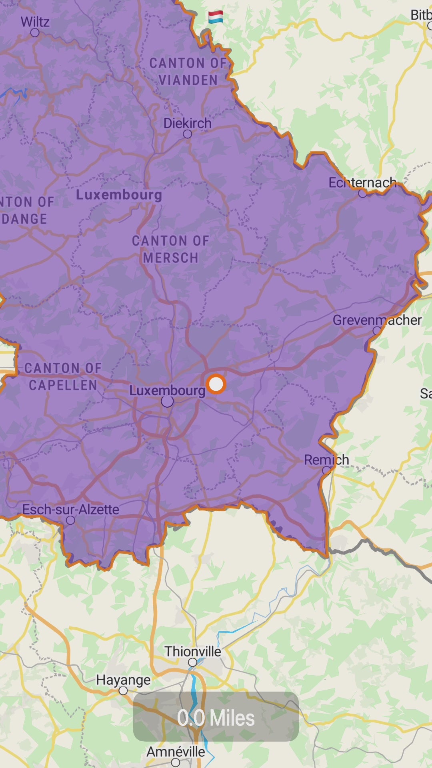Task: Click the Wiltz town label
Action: (35, 22)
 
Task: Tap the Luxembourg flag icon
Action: (216, 17)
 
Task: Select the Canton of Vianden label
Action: (188, 72)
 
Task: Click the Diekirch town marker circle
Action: (187, 134)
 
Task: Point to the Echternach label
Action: (362, 183)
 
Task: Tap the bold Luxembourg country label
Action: (119, 195)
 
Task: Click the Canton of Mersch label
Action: (171, 249)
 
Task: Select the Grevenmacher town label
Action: (377, 320)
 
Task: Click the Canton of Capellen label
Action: (63, 376)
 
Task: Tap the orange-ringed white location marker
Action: (216, 384)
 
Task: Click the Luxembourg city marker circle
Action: (167, 401)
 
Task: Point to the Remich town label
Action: (326, 460)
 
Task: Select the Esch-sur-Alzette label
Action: (71, 510)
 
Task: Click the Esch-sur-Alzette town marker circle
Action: (70, 520)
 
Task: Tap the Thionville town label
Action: (193, 652)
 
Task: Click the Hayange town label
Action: (123, 680)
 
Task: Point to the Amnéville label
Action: (176, 752)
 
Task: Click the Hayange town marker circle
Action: (123, 691)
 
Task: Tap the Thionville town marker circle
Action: (192, 662)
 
